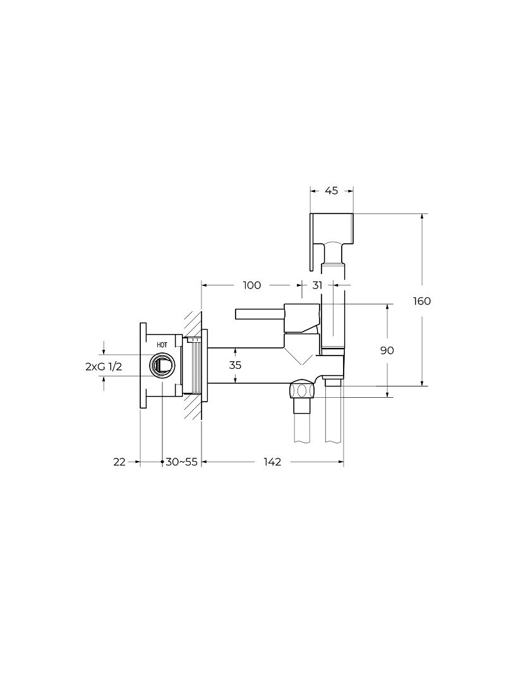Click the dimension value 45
(x=331, y=191)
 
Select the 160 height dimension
(x=421, y=301)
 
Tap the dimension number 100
(x=252, y=285)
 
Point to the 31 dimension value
(x=318, y=285)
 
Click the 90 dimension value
(x=387, y=350)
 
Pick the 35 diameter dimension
(x=235, y=365)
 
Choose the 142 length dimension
(x=272, y=462)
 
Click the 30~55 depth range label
(x=181, y=462)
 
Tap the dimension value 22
(x=119, y=462)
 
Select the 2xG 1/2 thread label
(x=104, y=367)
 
